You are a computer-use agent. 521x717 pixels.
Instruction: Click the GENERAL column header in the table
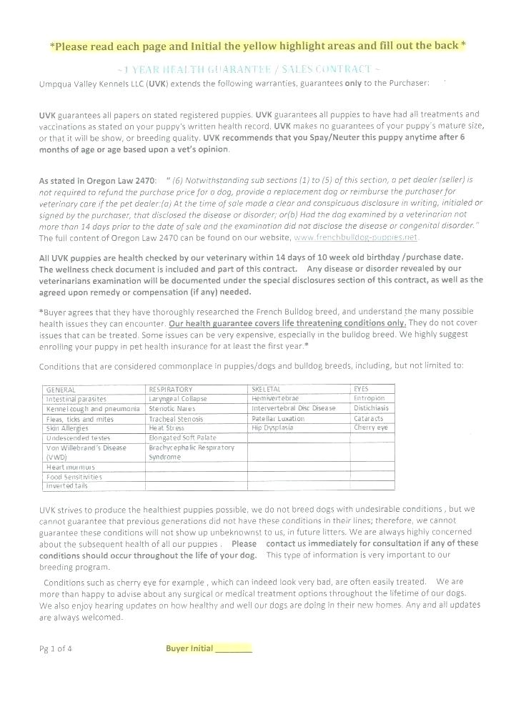pos(61,389)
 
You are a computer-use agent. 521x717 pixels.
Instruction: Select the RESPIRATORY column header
pos(170,389)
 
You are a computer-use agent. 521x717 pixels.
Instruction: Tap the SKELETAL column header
pos(265,389)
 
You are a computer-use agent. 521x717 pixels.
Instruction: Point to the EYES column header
pos(361,389)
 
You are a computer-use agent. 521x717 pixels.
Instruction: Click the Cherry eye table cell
pos(370,427)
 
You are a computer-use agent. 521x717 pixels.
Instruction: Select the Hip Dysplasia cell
pos(272,427)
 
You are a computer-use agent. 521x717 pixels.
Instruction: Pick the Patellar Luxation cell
pos(278,418)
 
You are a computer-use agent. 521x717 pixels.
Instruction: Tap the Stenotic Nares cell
pos(172,408)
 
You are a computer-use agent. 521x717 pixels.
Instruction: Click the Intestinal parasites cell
pos(76,398)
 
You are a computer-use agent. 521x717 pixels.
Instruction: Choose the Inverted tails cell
pos(67,485)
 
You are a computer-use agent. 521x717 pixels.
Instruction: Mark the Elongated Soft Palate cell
pos(182,437)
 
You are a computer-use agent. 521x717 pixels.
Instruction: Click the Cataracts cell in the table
pos(369,418)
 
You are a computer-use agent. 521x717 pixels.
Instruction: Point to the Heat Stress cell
pos(167,427)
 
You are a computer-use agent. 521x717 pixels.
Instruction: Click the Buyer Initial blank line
pos(233,649)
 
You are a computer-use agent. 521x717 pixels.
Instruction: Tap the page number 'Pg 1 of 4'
pos(56,649)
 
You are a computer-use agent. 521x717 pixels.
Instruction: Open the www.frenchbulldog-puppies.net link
pos(356,237)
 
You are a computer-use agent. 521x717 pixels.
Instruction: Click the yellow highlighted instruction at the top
pos(258,46)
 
